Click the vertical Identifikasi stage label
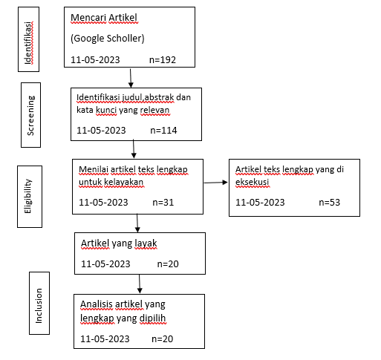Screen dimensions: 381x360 coord(28,43)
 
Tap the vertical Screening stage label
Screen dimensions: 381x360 coord(30,116)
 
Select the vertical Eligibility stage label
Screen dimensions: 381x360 coord(28,196)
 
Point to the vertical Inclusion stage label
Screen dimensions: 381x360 coord(39,306)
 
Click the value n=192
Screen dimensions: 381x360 coord(163,60)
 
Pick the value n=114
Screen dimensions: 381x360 coord(163,131)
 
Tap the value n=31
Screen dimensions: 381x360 coord(163,203)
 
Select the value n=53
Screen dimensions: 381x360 coord(330,203)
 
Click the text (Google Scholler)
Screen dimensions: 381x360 coord(108,39)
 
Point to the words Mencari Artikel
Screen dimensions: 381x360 coord(104,18)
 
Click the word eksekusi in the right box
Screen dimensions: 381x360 coord(253,182)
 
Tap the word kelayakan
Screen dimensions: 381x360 coord(124,182)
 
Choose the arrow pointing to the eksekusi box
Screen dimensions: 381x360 coord(215,183)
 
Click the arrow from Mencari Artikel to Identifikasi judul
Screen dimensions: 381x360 coord(131,78)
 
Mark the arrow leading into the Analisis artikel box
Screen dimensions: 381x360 coord(140,284)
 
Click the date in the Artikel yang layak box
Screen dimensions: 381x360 coord(105,264)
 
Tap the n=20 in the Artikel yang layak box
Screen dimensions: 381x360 coord(168,264)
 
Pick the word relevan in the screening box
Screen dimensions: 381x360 coord(155,110)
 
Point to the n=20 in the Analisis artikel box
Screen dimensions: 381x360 coord(163,339)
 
